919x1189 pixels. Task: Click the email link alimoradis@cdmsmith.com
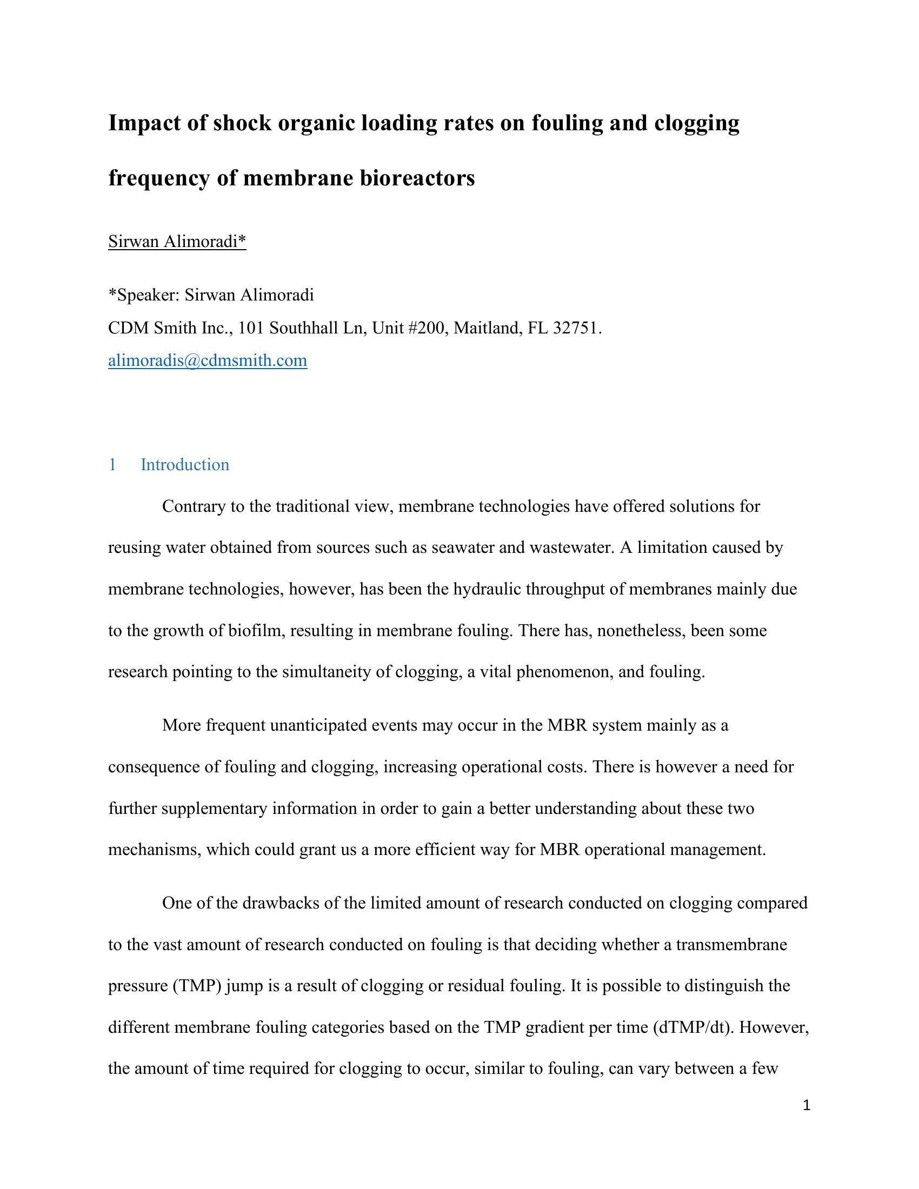coord(208,360)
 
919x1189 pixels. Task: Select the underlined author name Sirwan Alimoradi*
coord(177,241)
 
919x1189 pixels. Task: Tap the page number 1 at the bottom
coord(807,1105)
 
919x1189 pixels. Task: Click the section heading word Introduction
coord(184,464)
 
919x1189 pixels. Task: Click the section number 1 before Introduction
coord(112,464)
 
